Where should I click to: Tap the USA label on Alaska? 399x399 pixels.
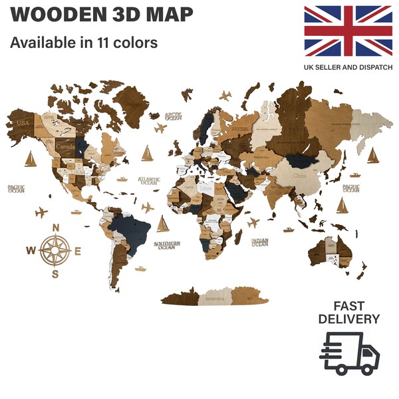(24, 124)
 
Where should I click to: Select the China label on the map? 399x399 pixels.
(301, 177)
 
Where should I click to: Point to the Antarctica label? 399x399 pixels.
(219, 297)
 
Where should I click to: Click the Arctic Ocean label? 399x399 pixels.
(174, 115)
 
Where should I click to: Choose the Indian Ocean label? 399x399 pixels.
(259, 242)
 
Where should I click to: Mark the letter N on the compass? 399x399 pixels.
(56, 228)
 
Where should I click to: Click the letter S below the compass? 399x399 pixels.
(56, 273)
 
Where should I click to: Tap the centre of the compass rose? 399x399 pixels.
(56, 251)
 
